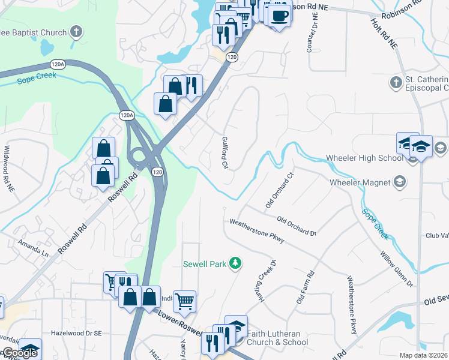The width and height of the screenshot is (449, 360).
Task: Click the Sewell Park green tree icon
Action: [x=236, y=263]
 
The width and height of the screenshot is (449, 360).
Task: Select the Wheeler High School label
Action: [x=364, y=158]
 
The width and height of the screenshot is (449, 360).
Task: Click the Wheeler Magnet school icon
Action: [x=400, y=182]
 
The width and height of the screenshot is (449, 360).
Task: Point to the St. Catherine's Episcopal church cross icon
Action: [x=396, y=82]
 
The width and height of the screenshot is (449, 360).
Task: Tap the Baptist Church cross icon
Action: [x=76, y=31]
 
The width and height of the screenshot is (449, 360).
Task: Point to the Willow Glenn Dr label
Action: [x=396, y=268]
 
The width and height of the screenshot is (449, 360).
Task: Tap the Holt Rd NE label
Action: [x=384, y=34]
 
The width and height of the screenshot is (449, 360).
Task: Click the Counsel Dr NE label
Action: [x=310, y=34]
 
